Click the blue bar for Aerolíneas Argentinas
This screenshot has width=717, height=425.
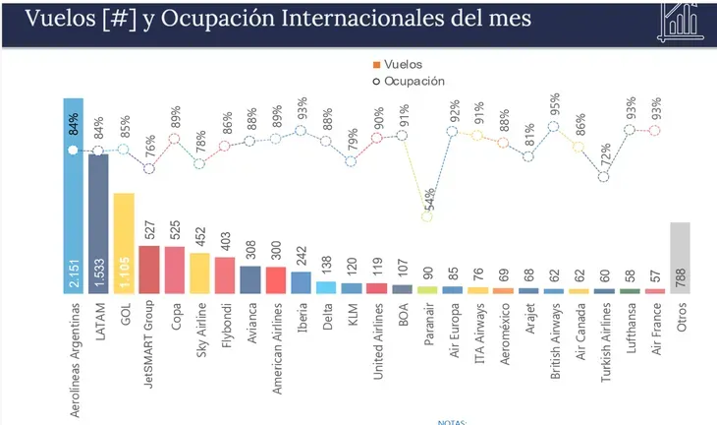tap(73, 197)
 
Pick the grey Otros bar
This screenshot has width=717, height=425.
tap(680, 258)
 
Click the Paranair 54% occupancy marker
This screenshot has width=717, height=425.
tap(427, 216)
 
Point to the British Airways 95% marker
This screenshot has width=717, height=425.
tap(553, 126)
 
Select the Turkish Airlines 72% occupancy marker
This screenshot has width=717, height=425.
tap(604, 177)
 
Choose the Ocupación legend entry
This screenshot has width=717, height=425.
tap(404, 80)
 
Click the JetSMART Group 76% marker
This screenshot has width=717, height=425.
tap(149, 168)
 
